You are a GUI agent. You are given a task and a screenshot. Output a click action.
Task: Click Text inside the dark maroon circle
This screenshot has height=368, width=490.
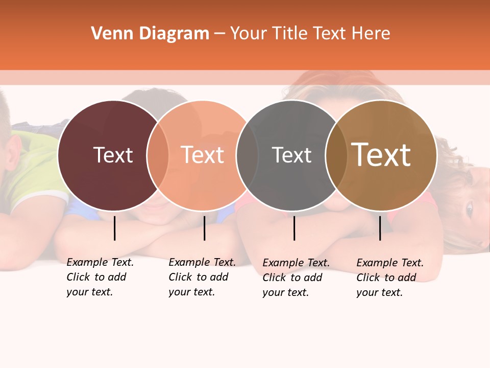(113, 155)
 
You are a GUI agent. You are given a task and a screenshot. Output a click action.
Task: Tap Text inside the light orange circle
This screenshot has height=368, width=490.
(203, 155)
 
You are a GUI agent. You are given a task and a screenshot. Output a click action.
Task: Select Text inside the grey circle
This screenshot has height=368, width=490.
(291, 155)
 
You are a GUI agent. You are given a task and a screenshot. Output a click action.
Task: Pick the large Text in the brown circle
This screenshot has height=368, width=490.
(381, 155)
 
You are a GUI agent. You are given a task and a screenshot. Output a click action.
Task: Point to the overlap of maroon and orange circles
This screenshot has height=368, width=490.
(158, 155)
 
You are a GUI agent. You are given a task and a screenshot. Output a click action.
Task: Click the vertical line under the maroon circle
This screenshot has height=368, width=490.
(115, 228)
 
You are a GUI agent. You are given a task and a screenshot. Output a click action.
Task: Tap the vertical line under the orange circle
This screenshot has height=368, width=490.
(204, 228)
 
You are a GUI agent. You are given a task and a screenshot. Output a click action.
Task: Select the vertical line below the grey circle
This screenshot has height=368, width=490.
(294, 228)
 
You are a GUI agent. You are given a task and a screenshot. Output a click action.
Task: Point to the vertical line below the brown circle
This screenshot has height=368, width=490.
(380, 228)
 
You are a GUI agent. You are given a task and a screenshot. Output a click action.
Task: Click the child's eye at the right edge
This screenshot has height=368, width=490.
(469, 209)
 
